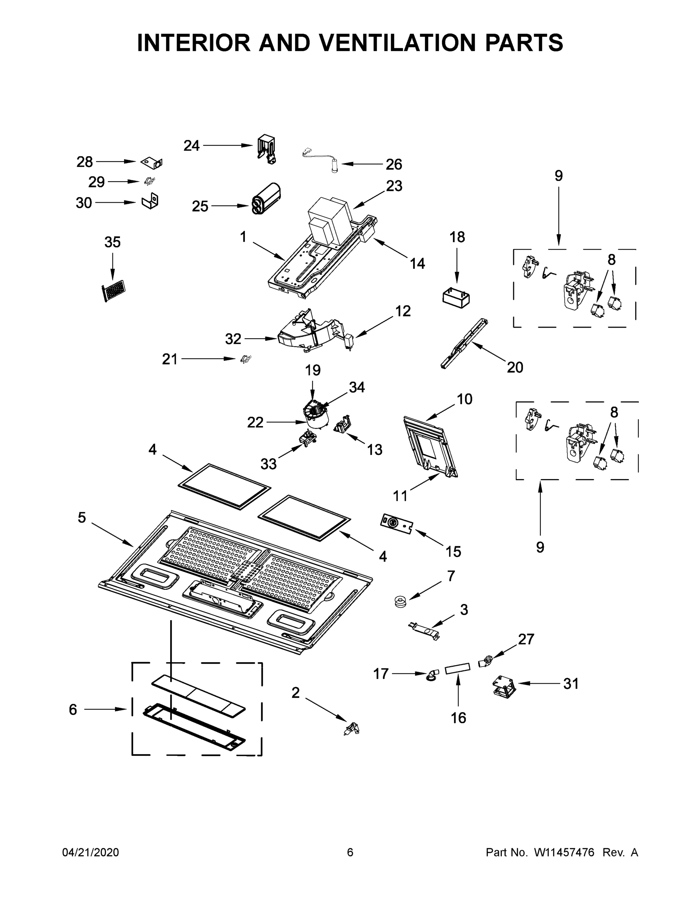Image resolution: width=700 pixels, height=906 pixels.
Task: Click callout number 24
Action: [x=191, y=146]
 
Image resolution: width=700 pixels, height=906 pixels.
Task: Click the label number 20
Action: [x=515, y=367]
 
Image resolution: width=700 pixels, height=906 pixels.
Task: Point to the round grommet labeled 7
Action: [x=401, y=601]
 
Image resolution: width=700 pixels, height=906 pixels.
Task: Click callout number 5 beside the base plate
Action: [x=82, y=517]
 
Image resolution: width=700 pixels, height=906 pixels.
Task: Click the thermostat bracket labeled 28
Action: [x=152, y=163]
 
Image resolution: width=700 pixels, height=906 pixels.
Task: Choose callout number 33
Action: [x=268, y=464]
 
